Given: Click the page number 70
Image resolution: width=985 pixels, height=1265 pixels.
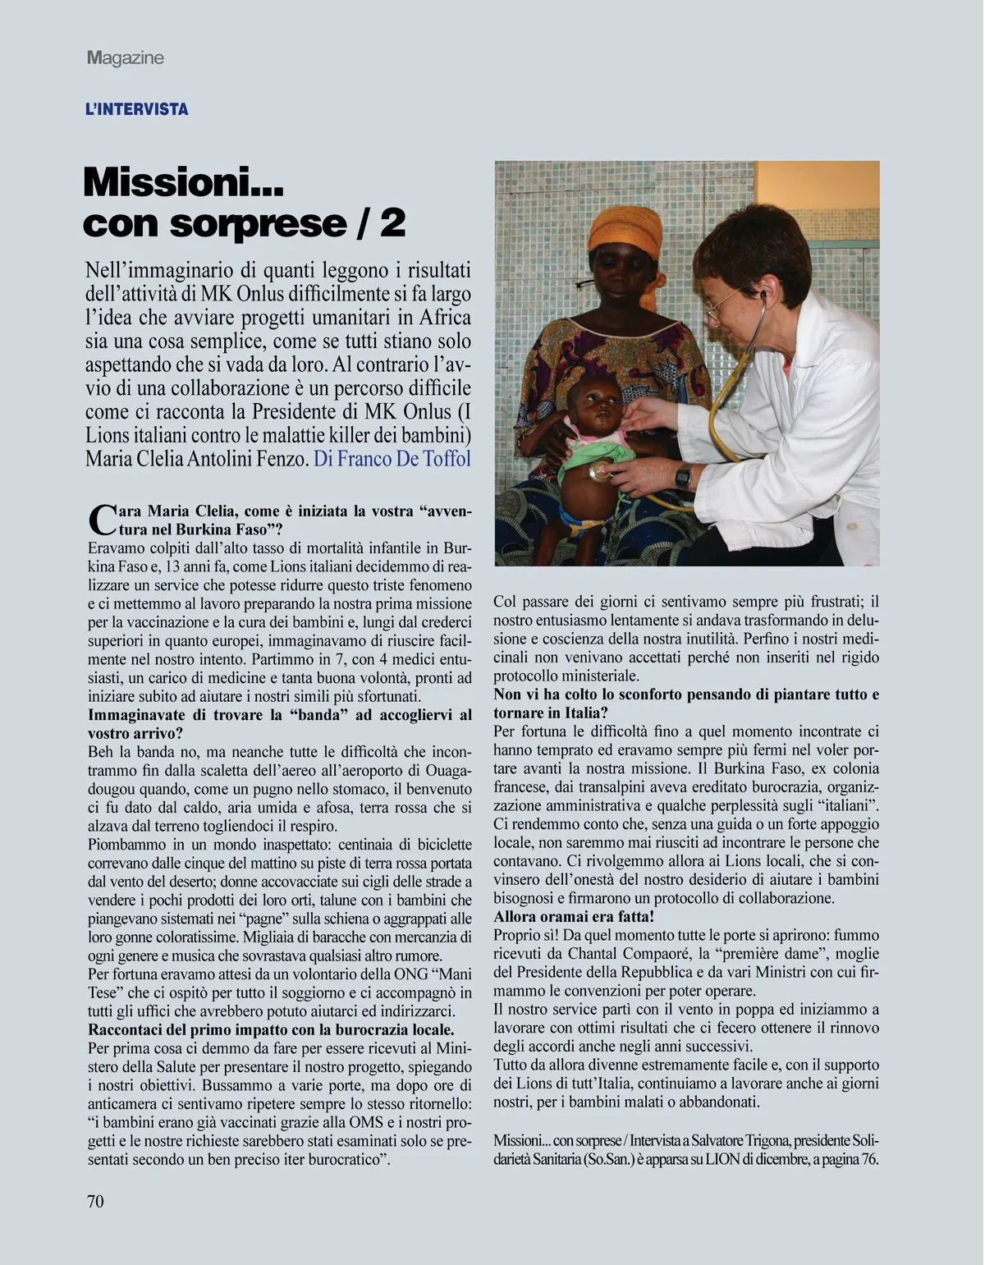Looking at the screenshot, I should (95, 1201).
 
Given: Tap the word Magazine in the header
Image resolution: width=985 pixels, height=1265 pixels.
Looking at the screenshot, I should (126, 57).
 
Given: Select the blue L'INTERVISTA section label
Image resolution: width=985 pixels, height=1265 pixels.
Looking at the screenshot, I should (137, 109).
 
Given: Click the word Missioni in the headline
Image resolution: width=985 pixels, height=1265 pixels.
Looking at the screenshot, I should (183, 181).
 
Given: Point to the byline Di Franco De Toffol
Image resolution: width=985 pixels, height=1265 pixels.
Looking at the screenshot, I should (392, 458).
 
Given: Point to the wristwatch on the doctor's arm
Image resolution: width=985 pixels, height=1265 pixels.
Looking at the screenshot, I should (683, 475).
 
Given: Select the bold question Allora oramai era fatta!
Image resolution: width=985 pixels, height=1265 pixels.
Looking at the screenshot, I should (574, 916).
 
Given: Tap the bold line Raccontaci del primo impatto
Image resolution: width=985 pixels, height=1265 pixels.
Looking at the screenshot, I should (271, 1029).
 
